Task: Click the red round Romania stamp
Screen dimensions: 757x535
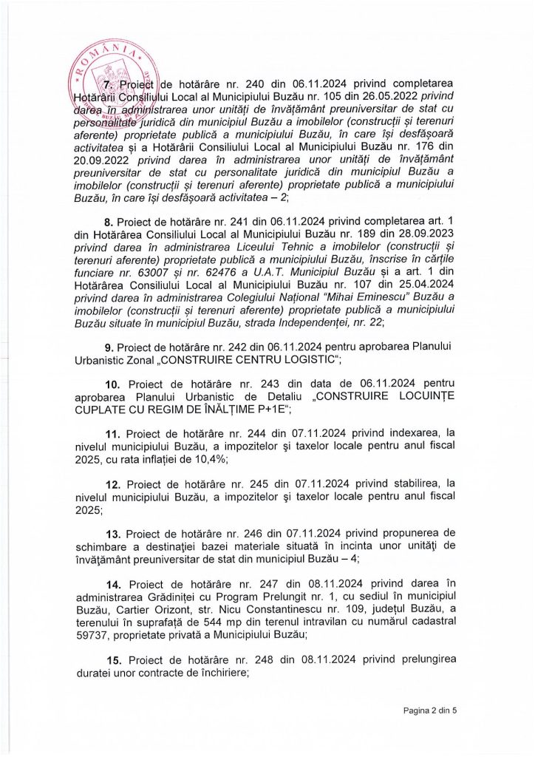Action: point(109,85)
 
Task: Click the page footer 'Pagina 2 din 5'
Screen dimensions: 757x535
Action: point(430,711)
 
